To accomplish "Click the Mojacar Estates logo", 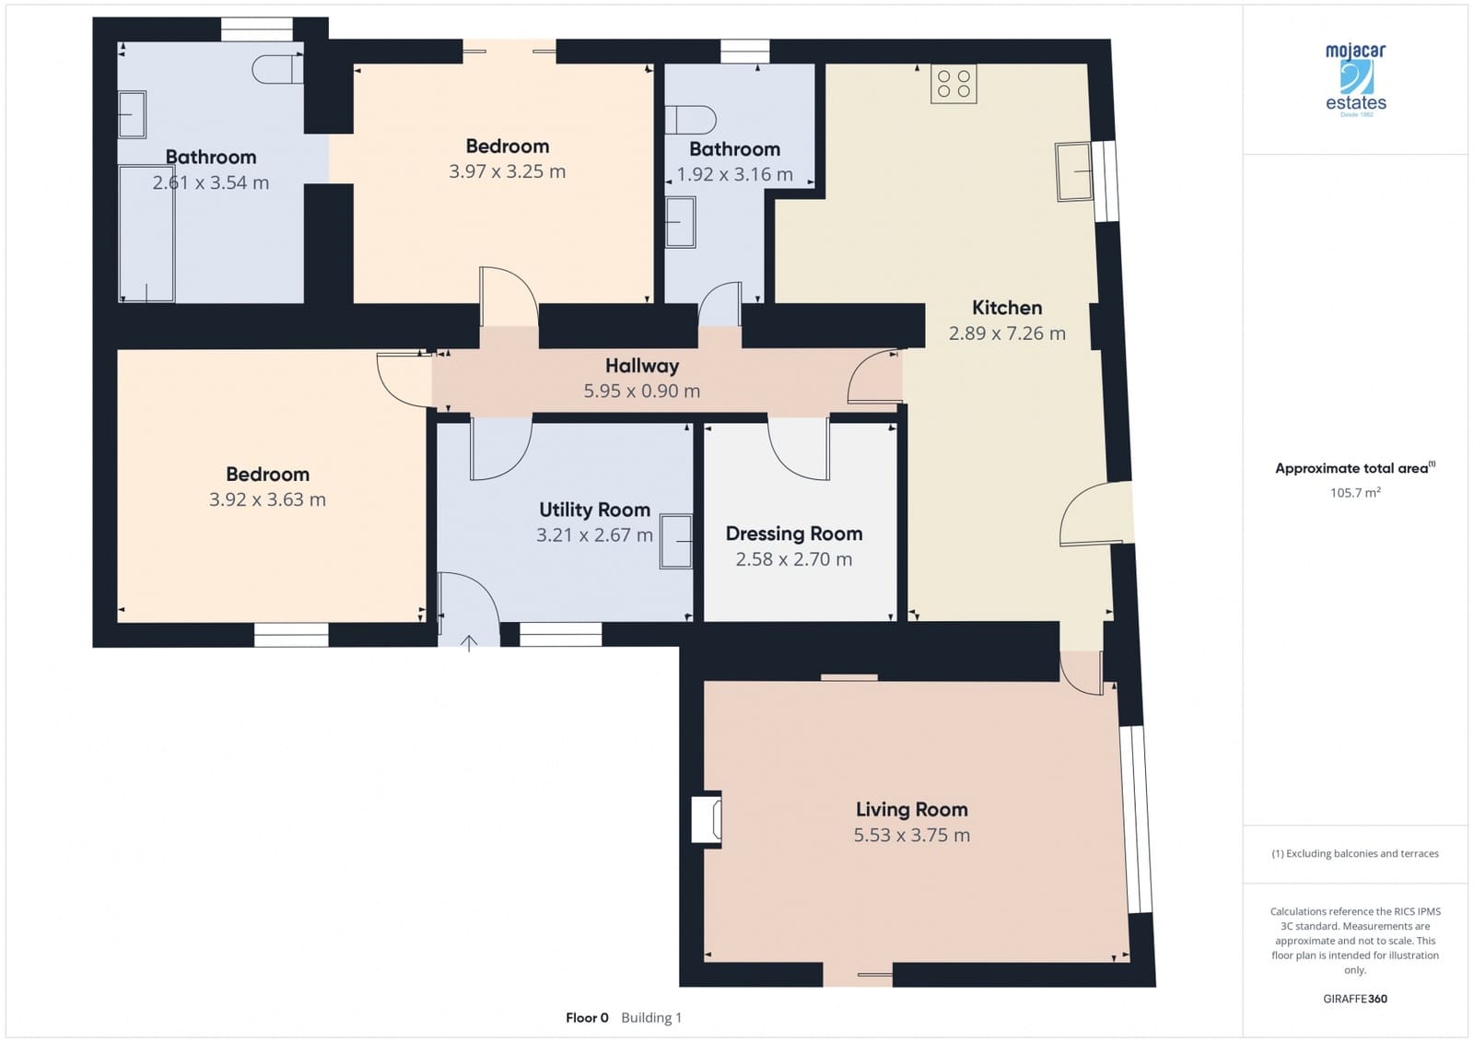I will (1355, 79).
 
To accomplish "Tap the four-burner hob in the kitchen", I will (953, 84).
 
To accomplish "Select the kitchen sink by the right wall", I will (1073, 171).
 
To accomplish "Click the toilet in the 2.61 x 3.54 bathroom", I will (277, 69).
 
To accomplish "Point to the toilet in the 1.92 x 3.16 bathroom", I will (691, 120).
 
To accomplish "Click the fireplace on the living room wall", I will (708, 819).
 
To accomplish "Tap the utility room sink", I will (676, 541).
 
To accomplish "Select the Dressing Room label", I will (793, 533).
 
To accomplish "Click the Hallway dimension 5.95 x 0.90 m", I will (641, 391).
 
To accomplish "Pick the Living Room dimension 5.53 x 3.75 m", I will (911, 835).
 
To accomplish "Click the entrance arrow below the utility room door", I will (469, 642).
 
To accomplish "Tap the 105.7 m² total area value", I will (1354, 493).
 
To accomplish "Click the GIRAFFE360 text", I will (1354, 999).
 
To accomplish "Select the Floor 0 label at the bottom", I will (587, 1018).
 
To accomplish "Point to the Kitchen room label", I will (1007, 308).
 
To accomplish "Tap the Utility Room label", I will (594, 509).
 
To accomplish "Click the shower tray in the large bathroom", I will (146, 234).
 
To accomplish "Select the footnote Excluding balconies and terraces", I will (1354, 854).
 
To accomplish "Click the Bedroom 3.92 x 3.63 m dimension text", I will (267, 499).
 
